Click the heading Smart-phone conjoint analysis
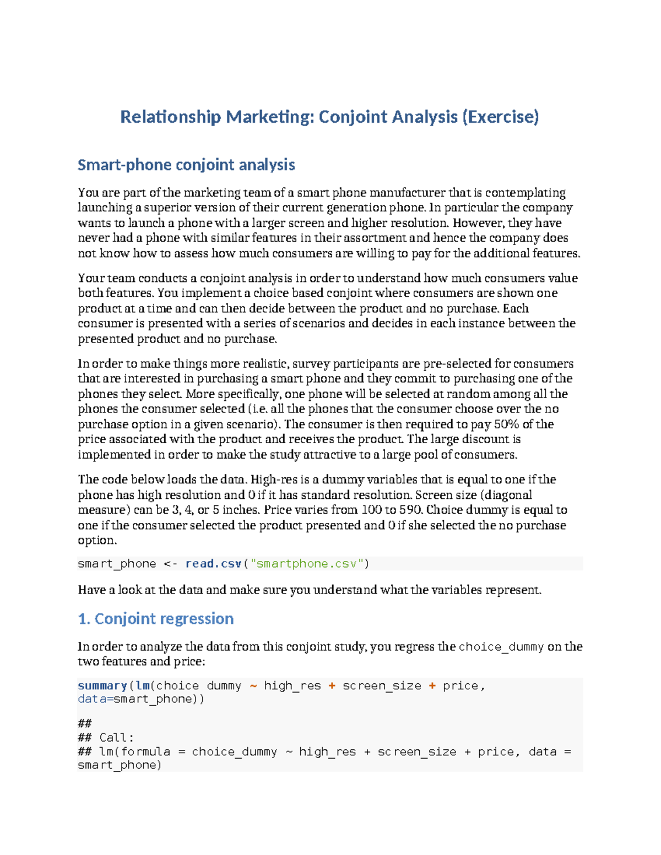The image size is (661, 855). click(x=186, y=165)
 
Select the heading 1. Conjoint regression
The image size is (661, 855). click(x=156, y=619)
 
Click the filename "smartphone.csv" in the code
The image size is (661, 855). click(x=307, y=564)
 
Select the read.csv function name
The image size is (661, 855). click(x=213, y=564)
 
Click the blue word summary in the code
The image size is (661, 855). click(x=102, y=686)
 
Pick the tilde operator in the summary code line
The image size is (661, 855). click(x=253, y=686)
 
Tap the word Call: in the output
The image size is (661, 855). click(x=117, y=738)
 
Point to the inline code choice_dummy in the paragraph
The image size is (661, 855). click(x=501, y=647)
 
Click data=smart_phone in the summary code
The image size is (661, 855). click(x=140, y=699)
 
